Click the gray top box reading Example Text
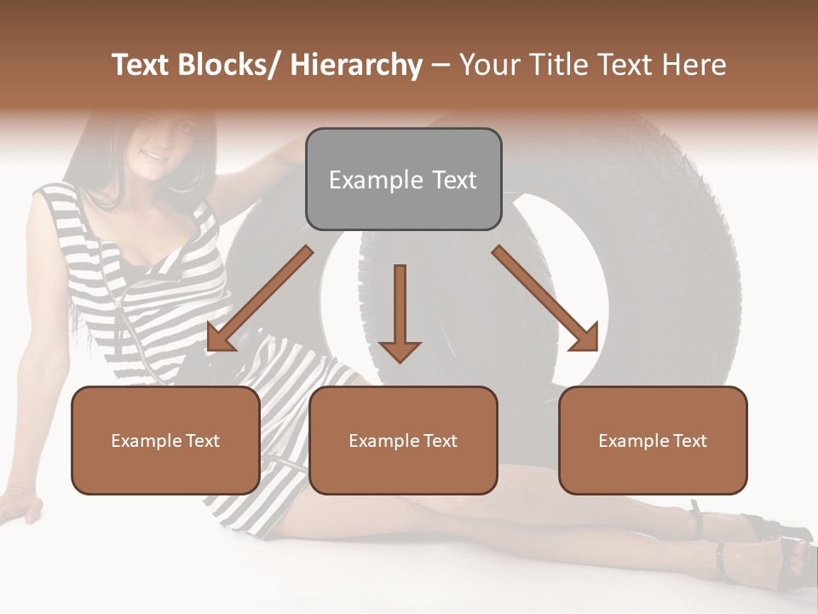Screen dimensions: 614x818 (x=403, y=179)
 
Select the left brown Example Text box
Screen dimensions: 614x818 (x=165, y=440)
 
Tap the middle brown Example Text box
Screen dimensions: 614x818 (x=403, y=440)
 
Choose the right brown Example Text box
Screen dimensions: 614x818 (x=653, y=440)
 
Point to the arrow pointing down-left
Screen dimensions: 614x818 (x=259, y=299)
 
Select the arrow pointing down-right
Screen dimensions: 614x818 (x=545, y=299)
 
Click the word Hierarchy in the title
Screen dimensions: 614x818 (x=355, y=65)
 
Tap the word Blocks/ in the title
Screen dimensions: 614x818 (x=228, y=65)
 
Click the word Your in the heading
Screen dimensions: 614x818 (x=488, y=65)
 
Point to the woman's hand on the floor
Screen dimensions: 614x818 (x=20, y=505)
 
